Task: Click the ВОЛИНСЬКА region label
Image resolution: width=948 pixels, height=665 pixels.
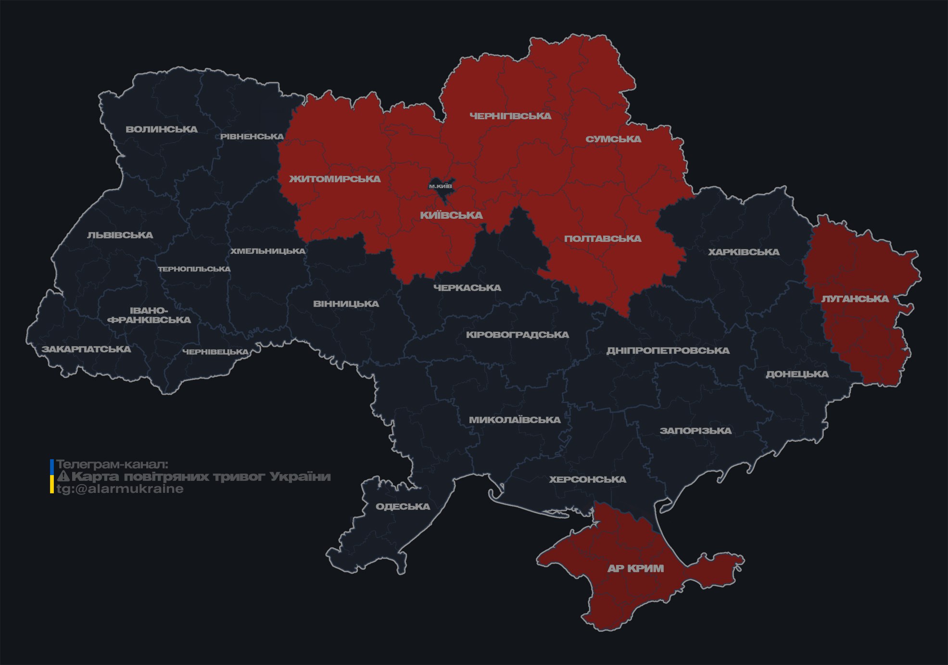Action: point(162,129)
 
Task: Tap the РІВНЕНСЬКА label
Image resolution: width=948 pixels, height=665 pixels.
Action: point(252,137)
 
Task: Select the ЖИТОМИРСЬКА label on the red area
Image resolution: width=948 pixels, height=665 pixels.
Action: point(335,179)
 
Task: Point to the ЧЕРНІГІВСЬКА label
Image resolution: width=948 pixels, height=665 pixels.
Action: point(510,116)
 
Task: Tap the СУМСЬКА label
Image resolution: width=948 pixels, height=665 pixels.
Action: point(613,139)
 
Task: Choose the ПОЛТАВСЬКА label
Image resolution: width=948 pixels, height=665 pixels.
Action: point(603,238)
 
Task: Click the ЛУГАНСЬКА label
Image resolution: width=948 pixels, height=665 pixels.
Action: point(855,299)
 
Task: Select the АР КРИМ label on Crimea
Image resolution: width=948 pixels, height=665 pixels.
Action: point(635,568)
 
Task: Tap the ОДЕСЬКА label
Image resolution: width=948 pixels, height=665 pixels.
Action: point(403,506)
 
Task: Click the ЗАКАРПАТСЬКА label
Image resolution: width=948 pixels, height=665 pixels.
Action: point(86,349)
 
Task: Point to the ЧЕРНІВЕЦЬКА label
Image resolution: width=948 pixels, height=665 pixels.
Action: point(215,352)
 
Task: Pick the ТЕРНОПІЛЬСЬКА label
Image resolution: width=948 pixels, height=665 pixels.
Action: point(194,269)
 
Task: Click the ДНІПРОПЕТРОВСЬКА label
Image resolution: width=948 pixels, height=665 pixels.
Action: point(668,351)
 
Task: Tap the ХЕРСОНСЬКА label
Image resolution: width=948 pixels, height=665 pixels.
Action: point(587,479)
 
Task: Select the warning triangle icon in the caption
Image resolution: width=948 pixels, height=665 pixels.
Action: point(63,477)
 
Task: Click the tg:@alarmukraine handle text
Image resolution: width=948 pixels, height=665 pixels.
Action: point(120,489)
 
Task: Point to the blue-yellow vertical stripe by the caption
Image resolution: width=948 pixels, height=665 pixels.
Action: point(52,476)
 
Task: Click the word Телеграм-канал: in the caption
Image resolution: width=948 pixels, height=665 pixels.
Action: point(112,464)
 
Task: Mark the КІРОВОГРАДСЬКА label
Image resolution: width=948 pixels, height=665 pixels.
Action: point(517,335)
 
